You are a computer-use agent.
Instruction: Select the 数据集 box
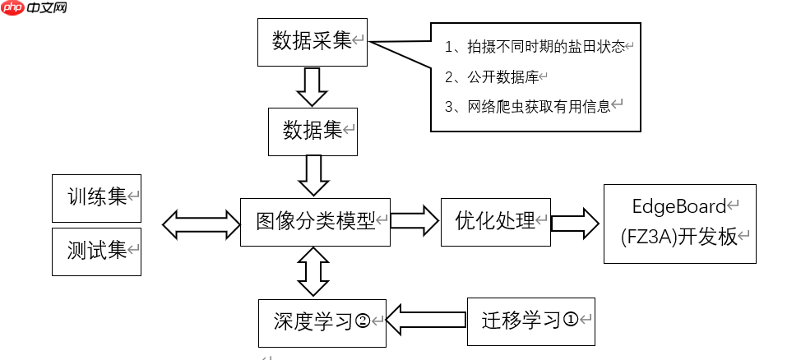313,131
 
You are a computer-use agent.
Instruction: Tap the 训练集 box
96,198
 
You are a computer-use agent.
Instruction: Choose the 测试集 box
96,251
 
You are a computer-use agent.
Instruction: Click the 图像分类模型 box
315,221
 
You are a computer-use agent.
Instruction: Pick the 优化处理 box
495,221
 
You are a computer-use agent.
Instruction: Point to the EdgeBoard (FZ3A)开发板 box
679,224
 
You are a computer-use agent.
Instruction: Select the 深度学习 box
322,321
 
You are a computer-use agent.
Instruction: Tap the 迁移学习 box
530,320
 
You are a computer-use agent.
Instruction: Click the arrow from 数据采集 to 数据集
312,86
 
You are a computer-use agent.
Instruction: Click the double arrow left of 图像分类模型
201,223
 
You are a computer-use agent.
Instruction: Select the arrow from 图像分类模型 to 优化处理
415,221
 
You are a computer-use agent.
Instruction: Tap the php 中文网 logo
35,10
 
